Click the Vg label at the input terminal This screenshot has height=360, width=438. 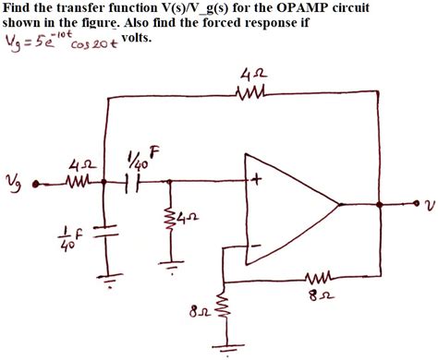click(12, 179)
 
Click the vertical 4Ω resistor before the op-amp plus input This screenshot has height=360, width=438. click(171, 218)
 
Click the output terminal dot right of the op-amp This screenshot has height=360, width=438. click(408, 205)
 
